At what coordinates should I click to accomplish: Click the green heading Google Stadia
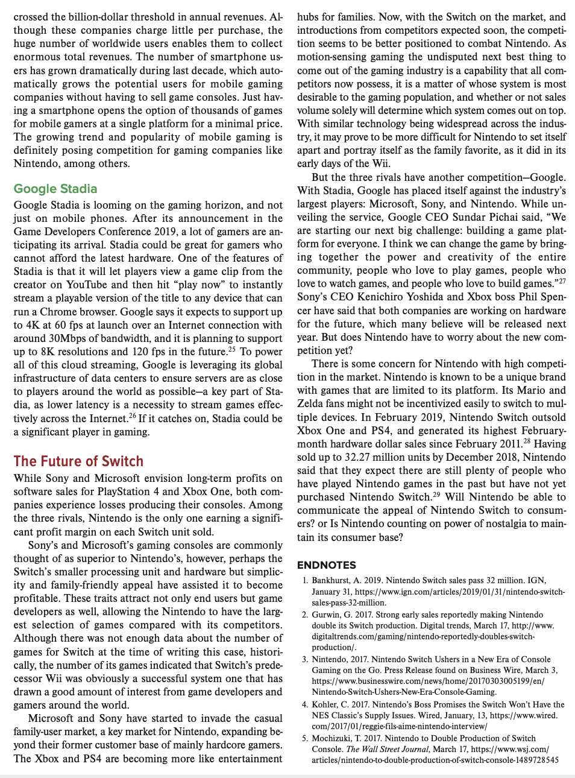pyautogui.click(x=55, y=189)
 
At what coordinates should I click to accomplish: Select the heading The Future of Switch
pyautogui.click(x=78, y=461)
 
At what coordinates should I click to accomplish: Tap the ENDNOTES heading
pyautogui.click(x=327, y=565)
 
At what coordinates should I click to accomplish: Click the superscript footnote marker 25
pyautogui.click(x=231, y=349)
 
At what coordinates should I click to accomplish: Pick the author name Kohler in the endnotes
pyautogui.click(x=326, y=704)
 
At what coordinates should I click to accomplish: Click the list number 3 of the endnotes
pyautogui.click(x=305, y=659)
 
